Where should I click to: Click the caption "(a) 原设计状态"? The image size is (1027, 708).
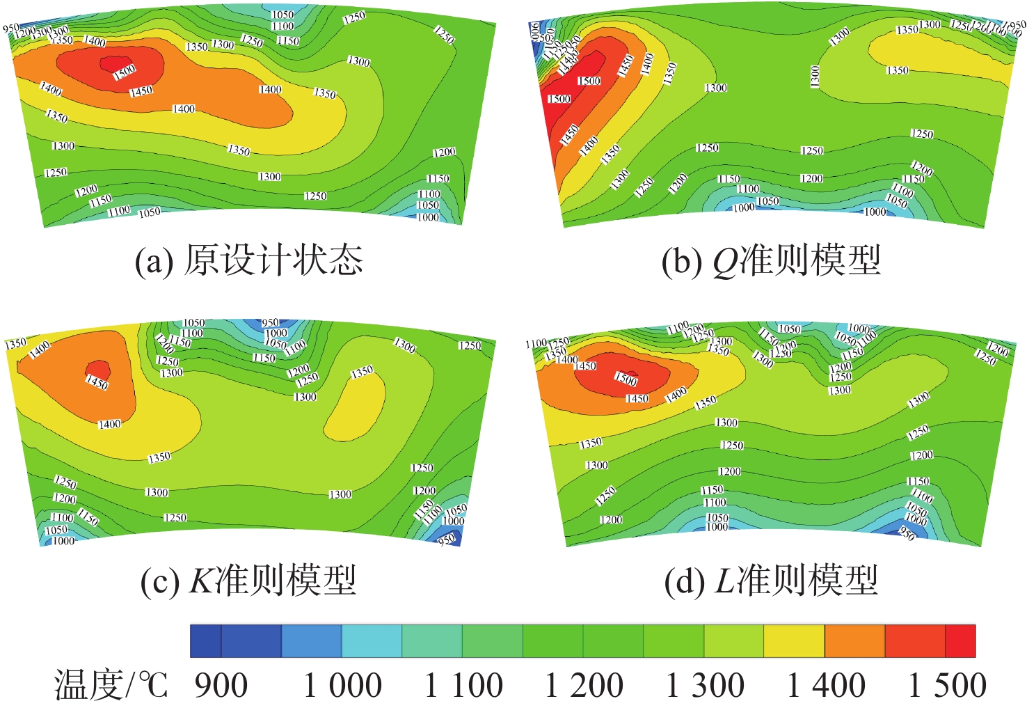[x=248, y=261]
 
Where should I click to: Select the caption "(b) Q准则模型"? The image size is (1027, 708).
[x=771, y=261]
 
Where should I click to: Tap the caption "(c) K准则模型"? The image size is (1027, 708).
[x=248, y=580]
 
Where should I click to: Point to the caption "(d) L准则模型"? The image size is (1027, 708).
[x=771, y=580]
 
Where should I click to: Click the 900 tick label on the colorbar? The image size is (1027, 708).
[x=221, y=685]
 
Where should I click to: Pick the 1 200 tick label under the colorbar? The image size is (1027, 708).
[x=584, y=685]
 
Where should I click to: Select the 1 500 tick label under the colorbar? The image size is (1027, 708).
[x=947, y=685]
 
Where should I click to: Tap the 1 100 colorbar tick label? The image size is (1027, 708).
[x=463, y=685]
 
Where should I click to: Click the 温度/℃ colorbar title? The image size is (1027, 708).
[x=111, y=685]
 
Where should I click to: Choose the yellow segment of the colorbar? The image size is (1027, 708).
[x=794, y=641]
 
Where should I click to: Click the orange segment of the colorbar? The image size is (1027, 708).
[x=854, y=641]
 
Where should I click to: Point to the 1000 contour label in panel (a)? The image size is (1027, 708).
[x=428, y=217]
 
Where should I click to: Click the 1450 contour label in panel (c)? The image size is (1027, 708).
[x=97, y=381]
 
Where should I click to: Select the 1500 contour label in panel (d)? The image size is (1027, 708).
[x=626, y=379]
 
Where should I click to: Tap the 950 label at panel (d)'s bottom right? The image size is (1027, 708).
[x=907, y=534]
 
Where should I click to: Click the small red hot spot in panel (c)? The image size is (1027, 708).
[x=97, y=368]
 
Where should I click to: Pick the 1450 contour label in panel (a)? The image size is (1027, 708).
[x=141, y=91]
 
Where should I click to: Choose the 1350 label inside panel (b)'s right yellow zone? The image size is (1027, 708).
[x=897, y=70]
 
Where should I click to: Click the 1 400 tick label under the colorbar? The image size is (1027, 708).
[x=826, y=685]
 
